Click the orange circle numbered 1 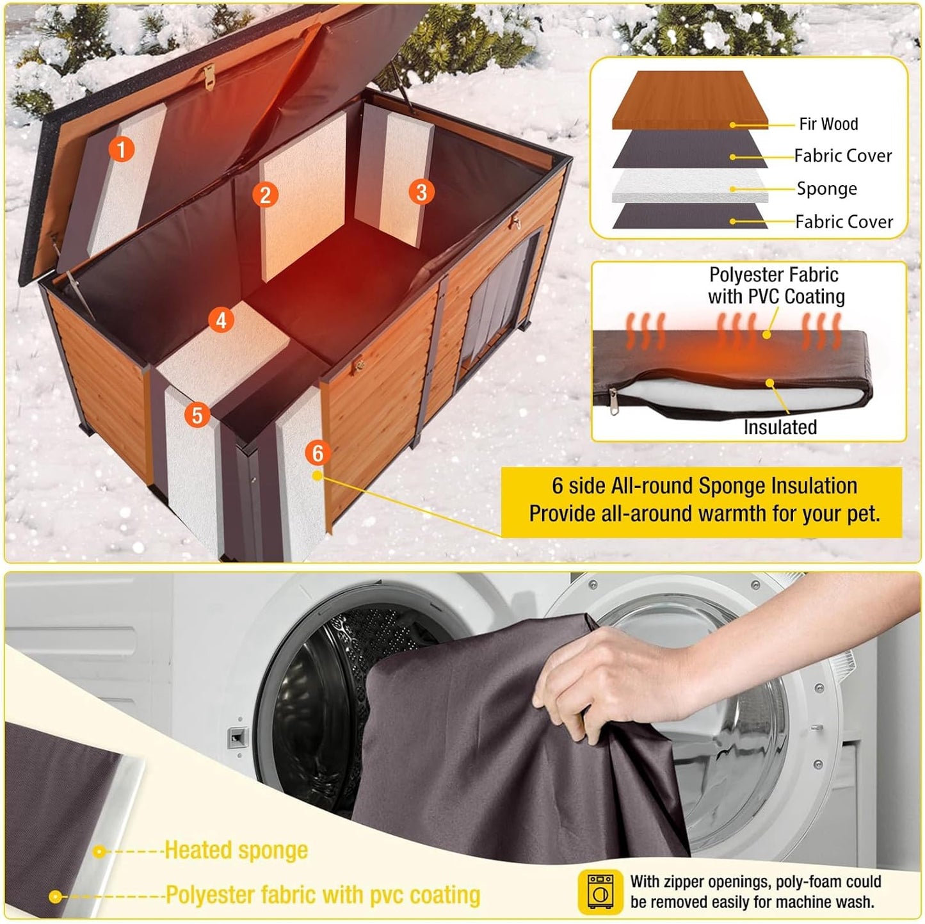click(x=122, y=149)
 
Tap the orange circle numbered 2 click(x=265, y=194)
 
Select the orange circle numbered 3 click(x=421, y=191)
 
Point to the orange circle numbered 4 click(x=221, y=320)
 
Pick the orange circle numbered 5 click(x=197, y=415)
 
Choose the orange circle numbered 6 click(x=318, y=453)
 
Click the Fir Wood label click(x=828, y=124)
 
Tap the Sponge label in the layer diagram click(x=826, y=189)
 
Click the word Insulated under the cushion click(x=780, y=427)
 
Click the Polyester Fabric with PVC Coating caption click(x=775, y=286)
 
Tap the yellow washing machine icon click(x=600, y=891)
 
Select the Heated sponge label click(x=236, y=850)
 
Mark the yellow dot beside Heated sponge click(x=99, y=852)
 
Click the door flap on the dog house click(x=496, y=314)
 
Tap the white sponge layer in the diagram click(x=690, y=186)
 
